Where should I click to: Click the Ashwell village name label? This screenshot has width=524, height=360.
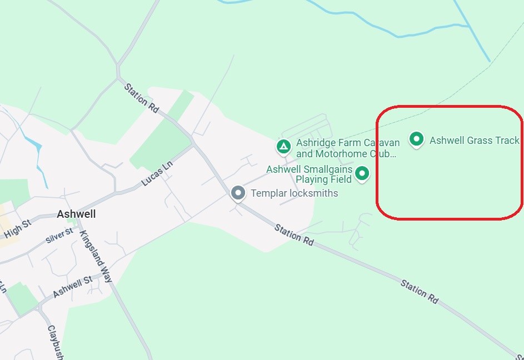[x=76, y=214]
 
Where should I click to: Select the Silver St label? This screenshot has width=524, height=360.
[x=59, y=236]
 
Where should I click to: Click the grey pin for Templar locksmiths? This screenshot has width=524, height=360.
[x=238, y=193]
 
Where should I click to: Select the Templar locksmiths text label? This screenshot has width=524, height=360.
[x=295, y=193]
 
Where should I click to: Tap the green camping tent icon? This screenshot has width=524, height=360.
[x=283, y=147]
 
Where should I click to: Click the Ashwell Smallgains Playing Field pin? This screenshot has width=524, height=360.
[x=362, y=173]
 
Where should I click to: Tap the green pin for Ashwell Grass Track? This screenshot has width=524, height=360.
[x=416, y=139]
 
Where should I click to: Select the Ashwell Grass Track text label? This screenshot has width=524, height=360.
[x=474, y=141]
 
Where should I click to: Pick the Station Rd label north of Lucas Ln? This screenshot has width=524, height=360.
[x=143, y=97]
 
